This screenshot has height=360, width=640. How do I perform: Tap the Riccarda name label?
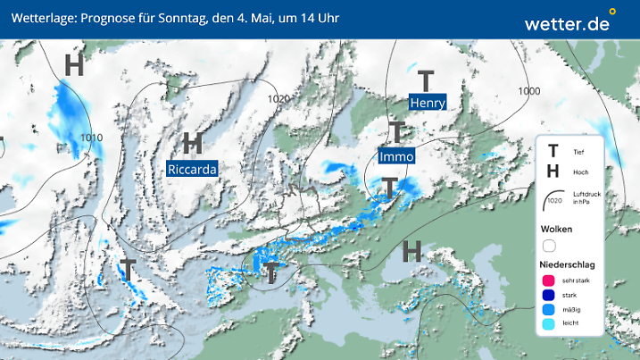coord(192,167)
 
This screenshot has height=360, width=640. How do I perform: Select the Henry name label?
coord(427,103)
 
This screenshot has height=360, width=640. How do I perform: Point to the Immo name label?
coord(396,156)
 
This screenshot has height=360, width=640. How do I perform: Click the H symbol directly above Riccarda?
coord(192,143)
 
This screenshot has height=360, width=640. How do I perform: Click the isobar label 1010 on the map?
coord(91,138)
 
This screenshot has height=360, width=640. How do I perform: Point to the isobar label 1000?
coord(529,91)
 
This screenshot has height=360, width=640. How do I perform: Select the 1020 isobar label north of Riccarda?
coord(279,99)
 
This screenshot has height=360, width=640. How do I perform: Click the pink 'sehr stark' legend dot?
coord(549,281)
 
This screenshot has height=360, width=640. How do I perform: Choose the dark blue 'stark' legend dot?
coord(549,297)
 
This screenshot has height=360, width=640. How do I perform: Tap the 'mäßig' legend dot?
coord(549,311)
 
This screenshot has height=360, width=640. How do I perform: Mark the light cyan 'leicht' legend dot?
coord(549,325)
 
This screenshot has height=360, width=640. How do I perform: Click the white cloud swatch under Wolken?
coord(549,246)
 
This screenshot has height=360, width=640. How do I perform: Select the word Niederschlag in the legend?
coord(568,265)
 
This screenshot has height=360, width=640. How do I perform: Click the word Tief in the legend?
coord(578,154)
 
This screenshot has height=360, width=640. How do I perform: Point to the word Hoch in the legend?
coord(578,171)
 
